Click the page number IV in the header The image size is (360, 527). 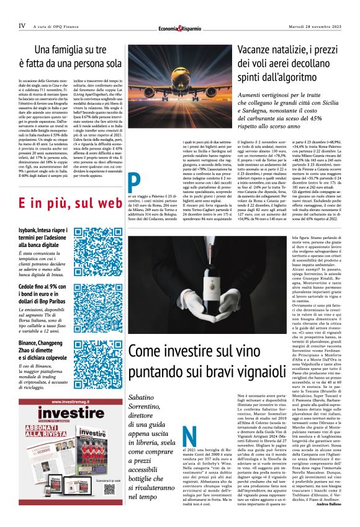coord(22,26)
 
